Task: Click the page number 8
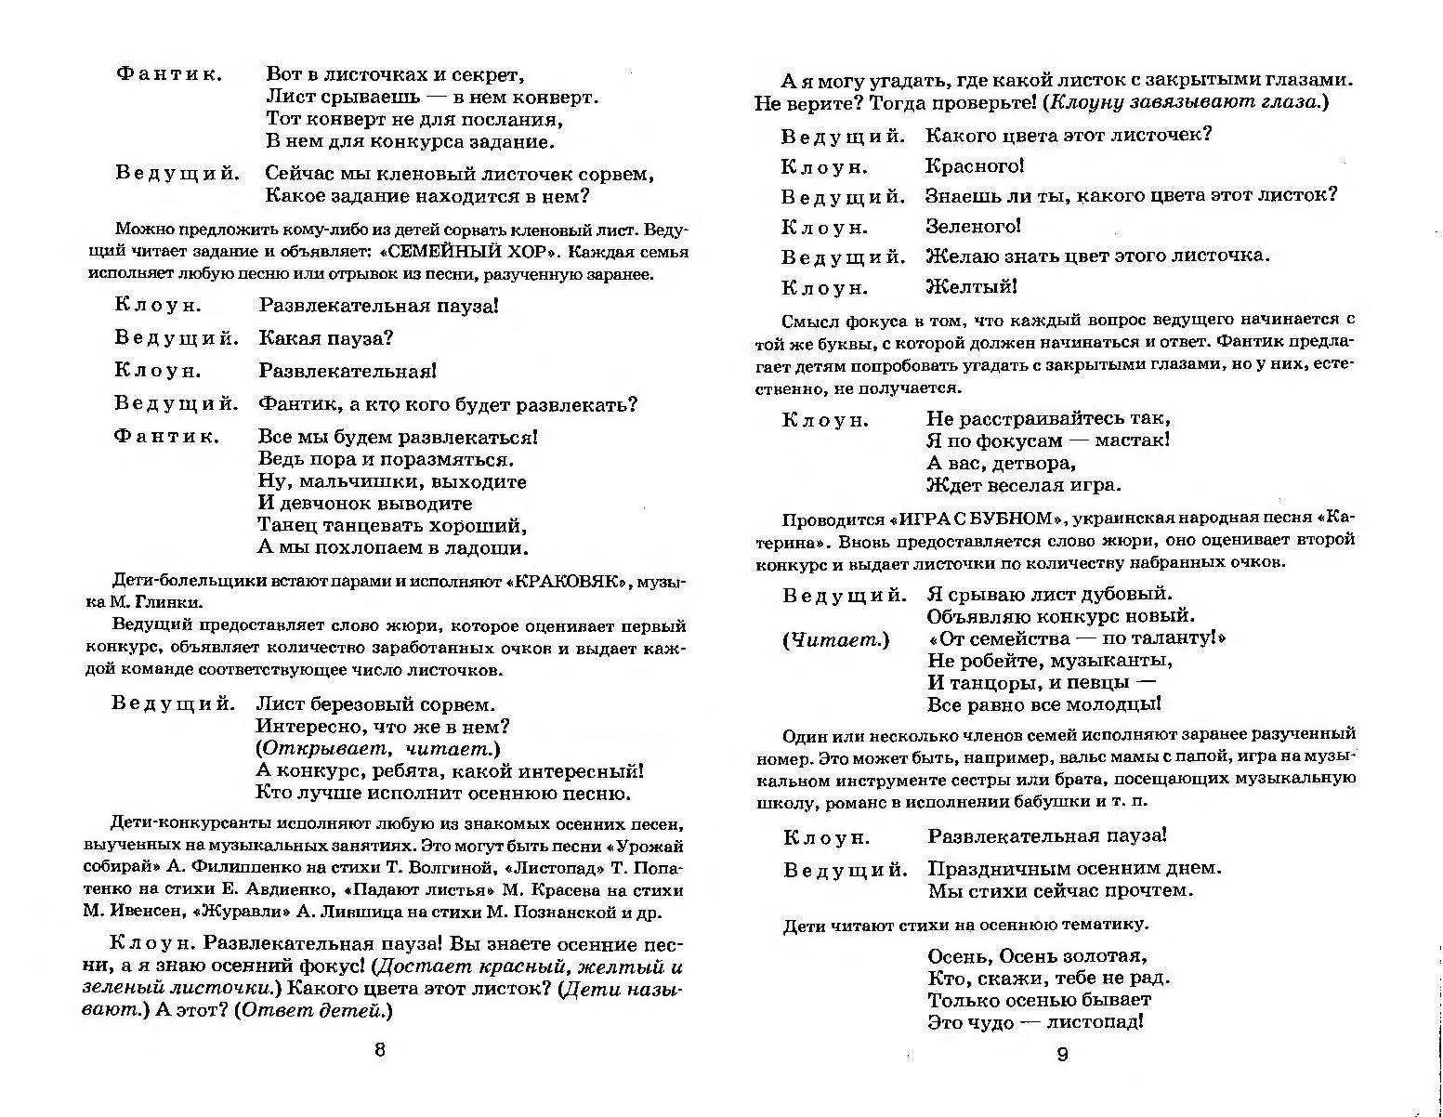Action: click(x=379, y=1050)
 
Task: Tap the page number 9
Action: click(x=1063, y=1054)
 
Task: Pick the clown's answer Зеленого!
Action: click(x=973, y=226)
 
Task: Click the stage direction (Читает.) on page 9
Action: click(x=835, y=639)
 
